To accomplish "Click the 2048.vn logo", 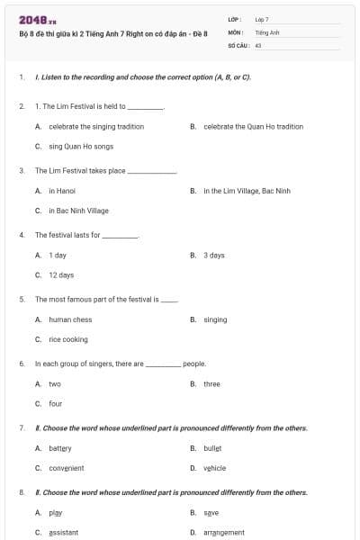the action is point(38,19).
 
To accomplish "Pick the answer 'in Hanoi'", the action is point(62,191).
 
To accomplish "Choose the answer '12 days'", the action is point(61,274).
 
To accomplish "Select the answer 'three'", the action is point(211,384).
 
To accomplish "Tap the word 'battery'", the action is point(60,448).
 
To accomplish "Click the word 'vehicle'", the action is point(214,468).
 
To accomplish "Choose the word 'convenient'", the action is point(67,468).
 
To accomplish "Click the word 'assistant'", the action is point(64,533).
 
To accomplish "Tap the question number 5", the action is point(22,299).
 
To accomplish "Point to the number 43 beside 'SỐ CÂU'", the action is point(258,44).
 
